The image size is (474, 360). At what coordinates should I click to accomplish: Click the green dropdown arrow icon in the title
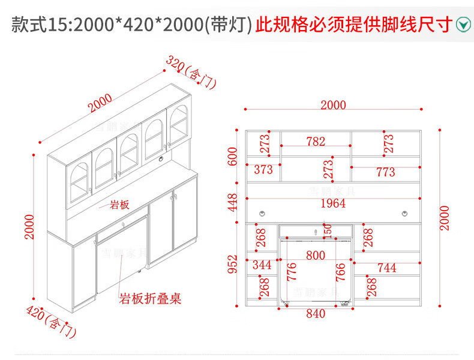pyautogui.click(x=463, y=25)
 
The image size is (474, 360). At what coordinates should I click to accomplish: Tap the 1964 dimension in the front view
pyautogui.click(x=333, y=203)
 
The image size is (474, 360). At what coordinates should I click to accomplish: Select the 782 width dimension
pyautogui.click(x=316, y=142)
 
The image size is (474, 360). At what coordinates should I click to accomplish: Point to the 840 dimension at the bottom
pyautogui.click(x=316, y=313)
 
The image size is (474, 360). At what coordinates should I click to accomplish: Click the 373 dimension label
pyautogui.click(x=263, y=170)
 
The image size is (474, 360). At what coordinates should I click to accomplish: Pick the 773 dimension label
pyautogui.click(x=385, y=172)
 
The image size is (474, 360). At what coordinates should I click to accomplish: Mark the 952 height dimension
pyautogui.click(x=233, y=264)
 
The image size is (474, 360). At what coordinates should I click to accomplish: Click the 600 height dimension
pyautogui.click(x=233, y=157)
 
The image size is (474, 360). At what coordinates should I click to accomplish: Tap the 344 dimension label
pyautogui.click(x=262, y=264)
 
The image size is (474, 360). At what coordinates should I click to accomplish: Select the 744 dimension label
pyautogui.click(x=386, y=268)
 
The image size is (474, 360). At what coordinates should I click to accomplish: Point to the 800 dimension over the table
pyautogui.click(x=316, y=256)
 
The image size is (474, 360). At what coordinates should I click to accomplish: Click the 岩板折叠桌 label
pyautogui.click(x=151, y=298)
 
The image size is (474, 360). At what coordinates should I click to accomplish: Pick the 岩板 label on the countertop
pyautogui.click(x=119, y=205)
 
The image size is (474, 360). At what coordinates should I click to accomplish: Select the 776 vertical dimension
pyautogui.click(x=292, y=271)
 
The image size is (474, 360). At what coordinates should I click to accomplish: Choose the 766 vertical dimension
pyautogui.click(x=340, y=271)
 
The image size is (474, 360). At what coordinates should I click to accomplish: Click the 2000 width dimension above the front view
pyautogui.click(x=333, y=105)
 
